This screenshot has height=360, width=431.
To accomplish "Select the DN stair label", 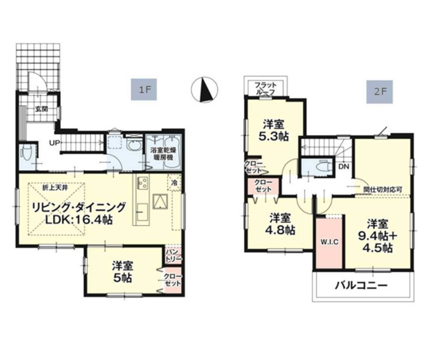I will point(343,166).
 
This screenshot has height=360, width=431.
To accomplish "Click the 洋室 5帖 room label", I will point(122,271).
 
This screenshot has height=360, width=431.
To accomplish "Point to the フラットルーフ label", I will point(266,88).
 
